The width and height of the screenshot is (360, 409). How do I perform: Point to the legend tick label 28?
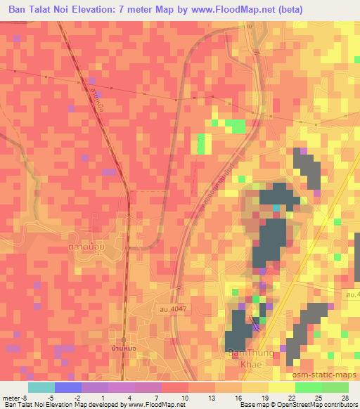click(344, 397)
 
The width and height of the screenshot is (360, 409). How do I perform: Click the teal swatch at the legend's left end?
click(41, 387)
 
